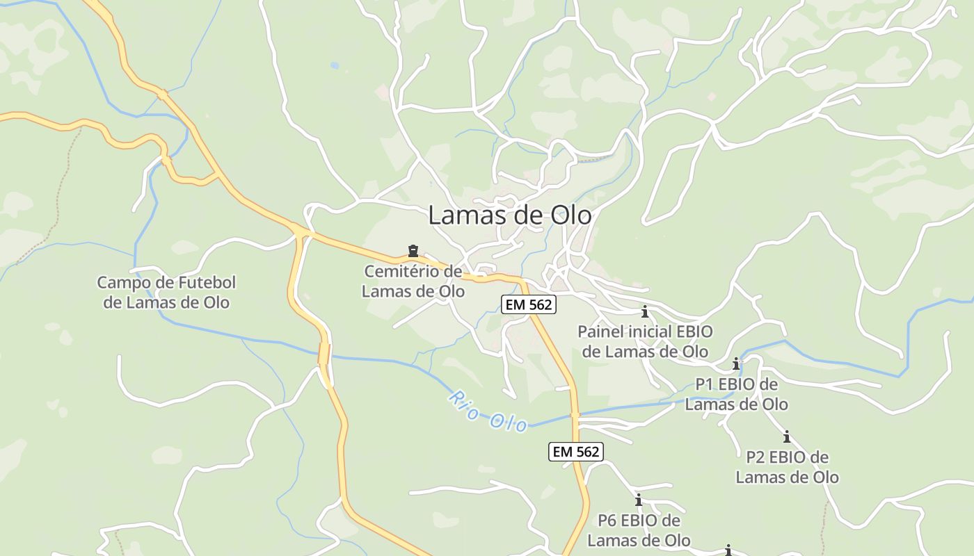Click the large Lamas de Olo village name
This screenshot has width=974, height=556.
coord(509,215)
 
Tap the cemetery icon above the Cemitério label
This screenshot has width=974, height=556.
coord(413,251)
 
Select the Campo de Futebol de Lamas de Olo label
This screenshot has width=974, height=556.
coord(166,293)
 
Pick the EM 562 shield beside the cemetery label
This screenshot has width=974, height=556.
coord(529,304)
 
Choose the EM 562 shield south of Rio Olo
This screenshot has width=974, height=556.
coord(575,452)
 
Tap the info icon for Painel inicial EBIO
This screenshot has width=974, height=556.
coord(645,311)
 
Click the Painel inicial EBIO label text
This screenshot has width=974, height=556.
coord(645,341)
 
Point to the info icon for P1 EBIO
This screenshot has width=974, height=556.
coord(736,363)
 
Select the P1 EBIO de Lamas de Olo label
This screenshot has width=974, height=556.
coord(737,394)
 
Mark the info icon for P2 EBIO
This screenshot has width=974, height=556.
coord(787,437)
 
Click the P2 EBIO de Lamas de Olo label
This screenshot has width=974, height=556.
coord(787,467)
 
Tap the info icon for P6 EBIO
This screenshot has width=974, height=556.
coord(639,500)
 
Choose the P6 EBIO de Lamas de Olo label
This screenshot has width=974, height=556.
coord(639,530)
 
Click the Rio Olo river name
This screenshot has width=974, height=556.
coord(488,411)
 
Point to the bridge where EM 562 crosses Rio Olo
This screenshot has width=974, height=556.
coord(575,416)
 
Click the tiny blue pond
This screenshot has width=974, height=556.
coord(335,66)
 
